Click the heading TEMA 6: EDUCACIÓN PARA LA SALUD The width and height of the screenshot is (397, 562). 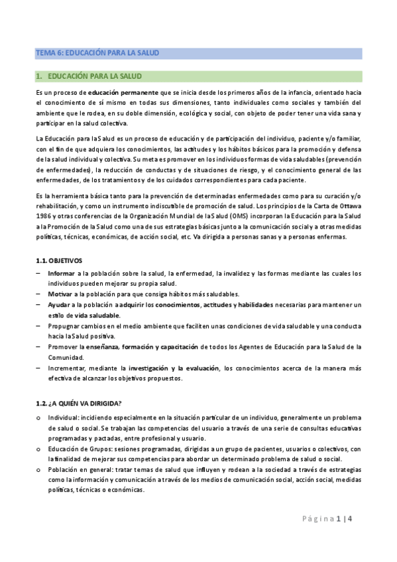97,52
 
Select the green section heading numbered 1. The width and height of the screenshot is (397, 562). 89,76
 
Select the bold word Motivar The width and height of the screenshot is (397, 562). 60,294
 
